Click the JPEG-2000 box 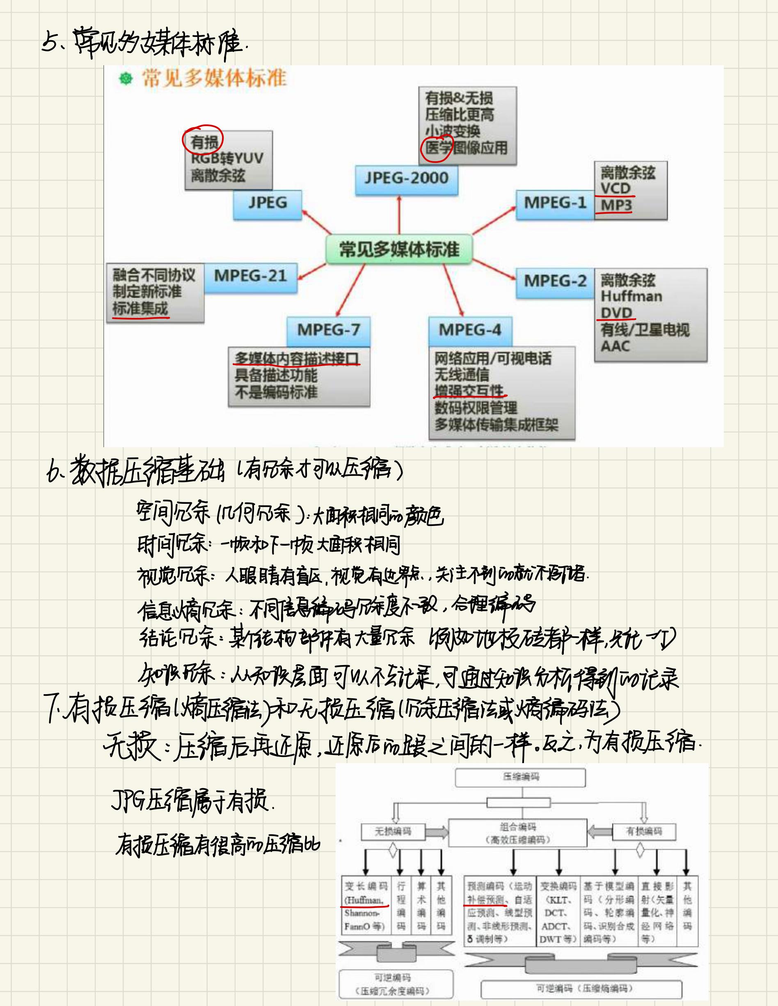point(406,179)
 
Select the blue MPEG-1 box point(555,203)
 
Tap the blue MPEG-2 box point(555,281)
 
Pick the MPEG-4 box point(469,330)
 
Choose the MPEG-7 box point(328,330)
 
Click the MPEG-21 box point(250,277)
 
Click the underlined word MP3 point(616,205)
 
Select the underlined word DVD point(616,313)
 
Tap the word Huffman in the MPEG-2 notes point(631,296)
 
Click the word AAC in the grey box point(615,346)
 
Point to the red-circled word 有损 point(204,142)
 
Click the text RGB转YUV point(227,158)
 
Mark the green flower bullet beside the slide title point(126,79)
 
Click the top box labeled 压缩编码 point(520,777)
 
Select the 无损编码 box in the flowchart point(392,831)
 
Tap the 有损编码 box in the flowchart point(643,831)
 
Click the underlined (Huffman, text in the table point(364,900)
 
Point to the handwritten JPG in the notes point(128,802)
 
